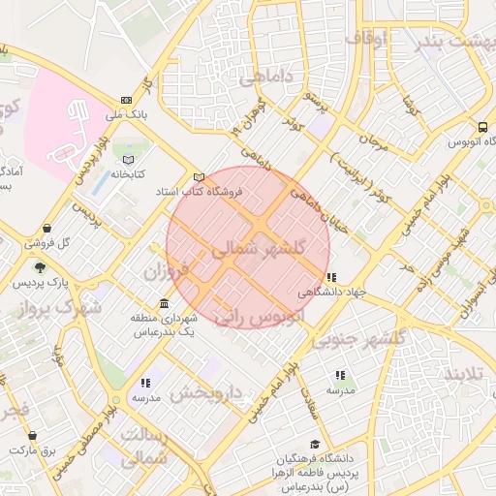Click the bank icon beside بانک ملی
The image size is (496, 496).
126,100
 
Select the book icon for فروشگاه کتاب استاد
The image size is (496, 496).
199,177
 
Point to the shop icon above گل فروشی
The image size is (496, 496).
46,228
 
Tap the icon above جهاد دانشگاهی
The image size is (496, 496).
331,277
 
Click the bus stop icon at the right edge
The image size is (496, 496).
482,126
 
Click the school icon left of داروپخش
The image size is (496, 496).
145,383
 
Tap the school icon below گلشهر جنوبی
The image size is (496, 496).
339,374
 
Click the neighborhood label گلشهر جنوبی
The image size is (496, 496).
367,340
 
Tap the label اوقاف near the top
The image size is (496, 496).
366,39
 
